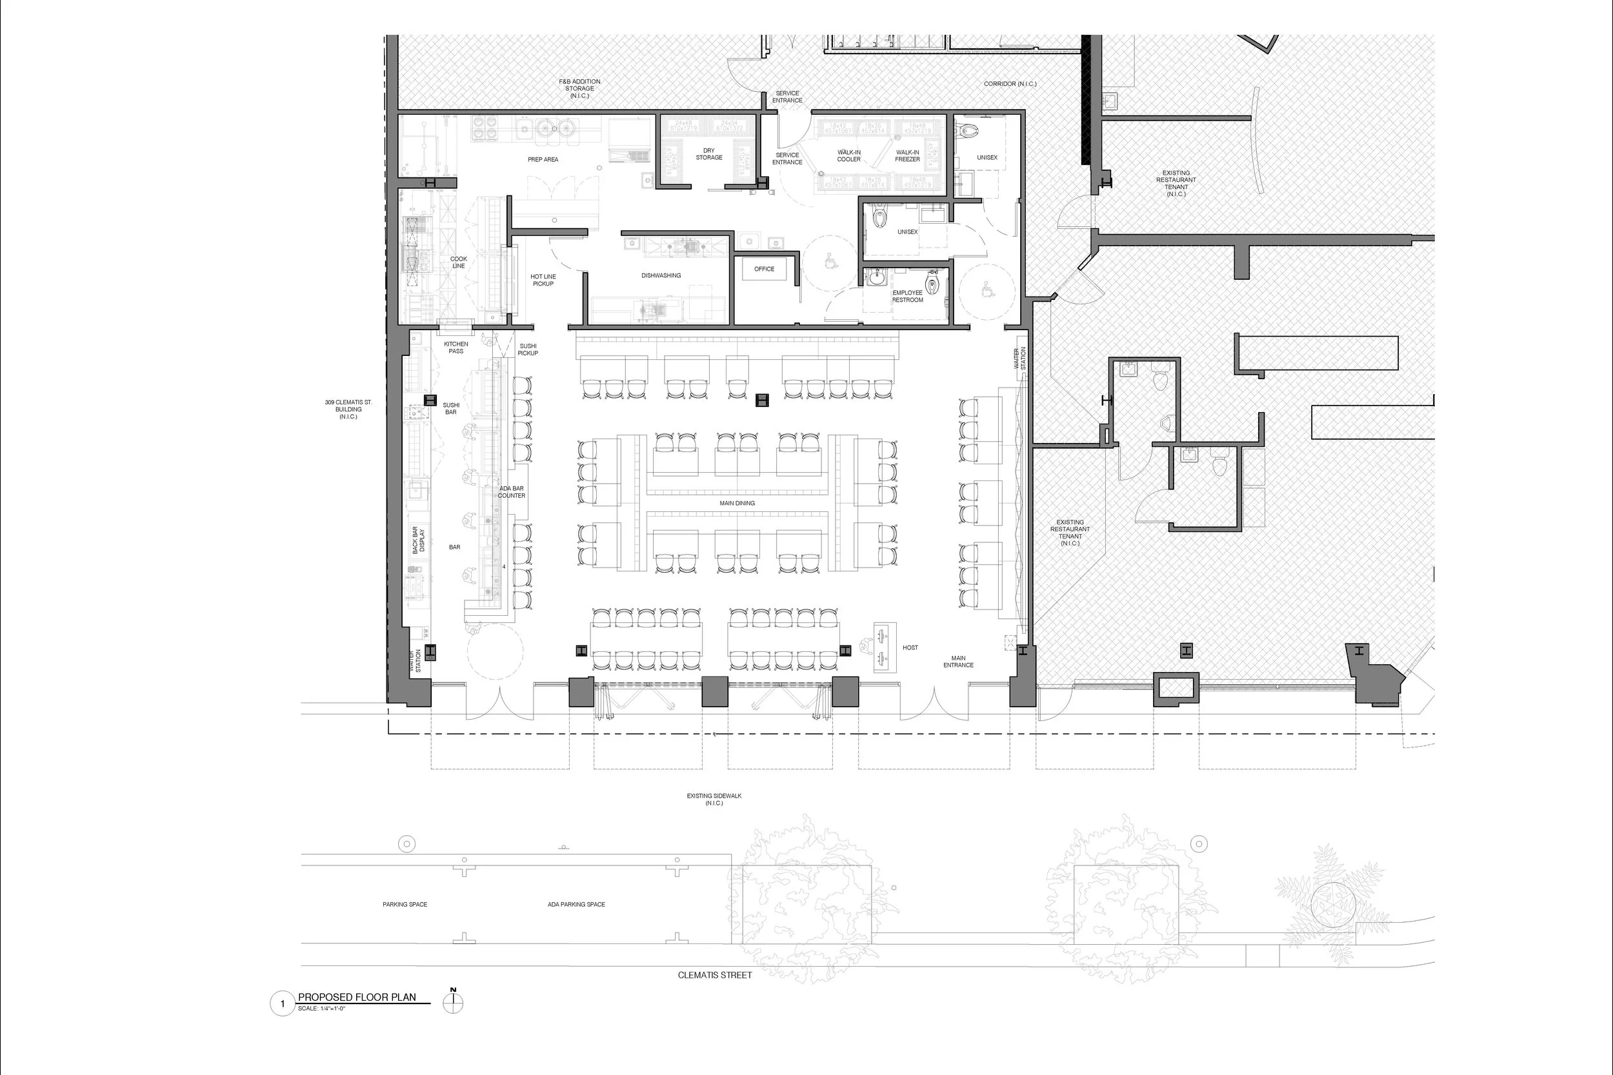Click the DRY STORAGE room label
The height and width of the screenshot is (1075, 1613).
708,154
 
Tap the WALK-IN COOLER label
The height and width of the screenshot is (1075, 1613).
848,155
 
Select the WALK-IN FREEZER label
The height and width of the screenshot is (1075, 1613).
907,155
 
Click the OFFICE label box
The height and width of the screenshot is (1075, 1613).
764,269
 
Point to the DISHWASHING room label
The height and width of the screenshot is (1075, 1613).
661,275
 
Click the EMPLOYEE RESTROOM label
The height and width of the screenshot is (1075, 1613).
907,296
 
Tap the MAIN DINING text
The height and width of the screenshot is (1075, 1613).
737,503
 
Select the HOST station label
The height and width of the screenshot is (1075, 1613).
910,647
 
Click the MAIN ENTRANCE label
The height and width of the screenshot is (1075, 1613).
958,662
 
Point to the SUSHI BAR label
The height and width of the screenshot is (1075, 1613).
450,409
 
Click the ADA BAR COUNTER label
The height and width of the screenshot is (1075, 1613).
512,492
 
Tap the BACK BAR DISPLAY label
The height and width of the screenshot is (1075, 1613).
418,540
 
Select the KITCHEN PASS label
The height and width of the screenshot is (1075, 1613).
456,348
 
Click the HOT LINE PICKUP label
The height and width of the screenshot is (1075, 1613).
543,281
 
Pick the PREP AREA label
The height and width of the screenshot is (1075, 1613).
543,159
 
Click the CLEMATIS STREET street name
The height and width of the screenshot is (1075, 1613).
715,975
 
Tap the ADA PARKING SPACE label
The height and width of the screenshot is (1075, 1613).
576,904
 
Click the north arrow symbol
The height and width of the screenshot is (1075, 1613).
454,1002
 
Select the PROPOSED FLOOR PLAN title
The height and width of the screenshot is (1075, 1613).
357,998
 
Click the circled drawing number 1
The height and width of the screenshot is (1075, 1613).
283,1004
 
